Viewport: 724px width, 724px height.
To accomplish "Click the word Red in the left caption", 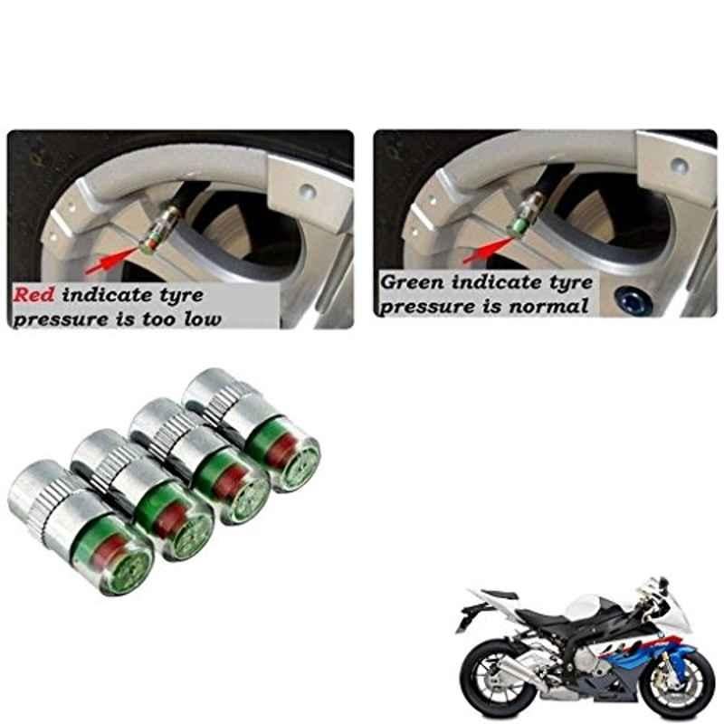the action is [33, 295].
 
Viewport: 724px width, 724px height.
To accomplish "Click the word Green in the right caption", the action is [412, 281].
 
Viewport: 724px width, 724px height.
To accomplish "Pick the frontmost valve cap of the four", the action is [80, 527].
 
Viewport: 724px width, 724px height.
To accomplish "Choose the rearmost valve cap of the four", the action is [252, 430].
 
